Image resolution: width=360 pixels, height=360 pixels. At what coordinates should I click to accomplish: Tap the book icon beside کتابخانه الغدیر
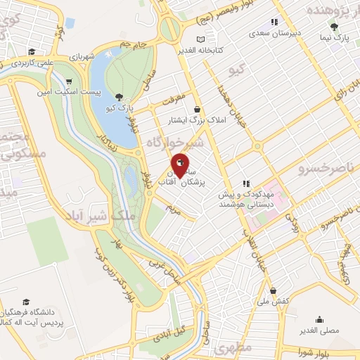pos(202,39)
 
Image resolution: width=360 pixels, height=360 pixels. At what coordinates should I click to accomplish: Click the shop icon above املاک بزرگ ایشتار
pos(197,110)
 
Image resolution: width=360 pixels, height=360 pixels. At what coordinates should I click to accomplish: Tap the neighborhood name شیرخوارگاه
pos(175,143)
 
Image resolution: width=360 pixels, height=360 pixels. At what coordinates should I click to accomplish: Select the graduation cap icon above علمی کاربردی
pos(32,51)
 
